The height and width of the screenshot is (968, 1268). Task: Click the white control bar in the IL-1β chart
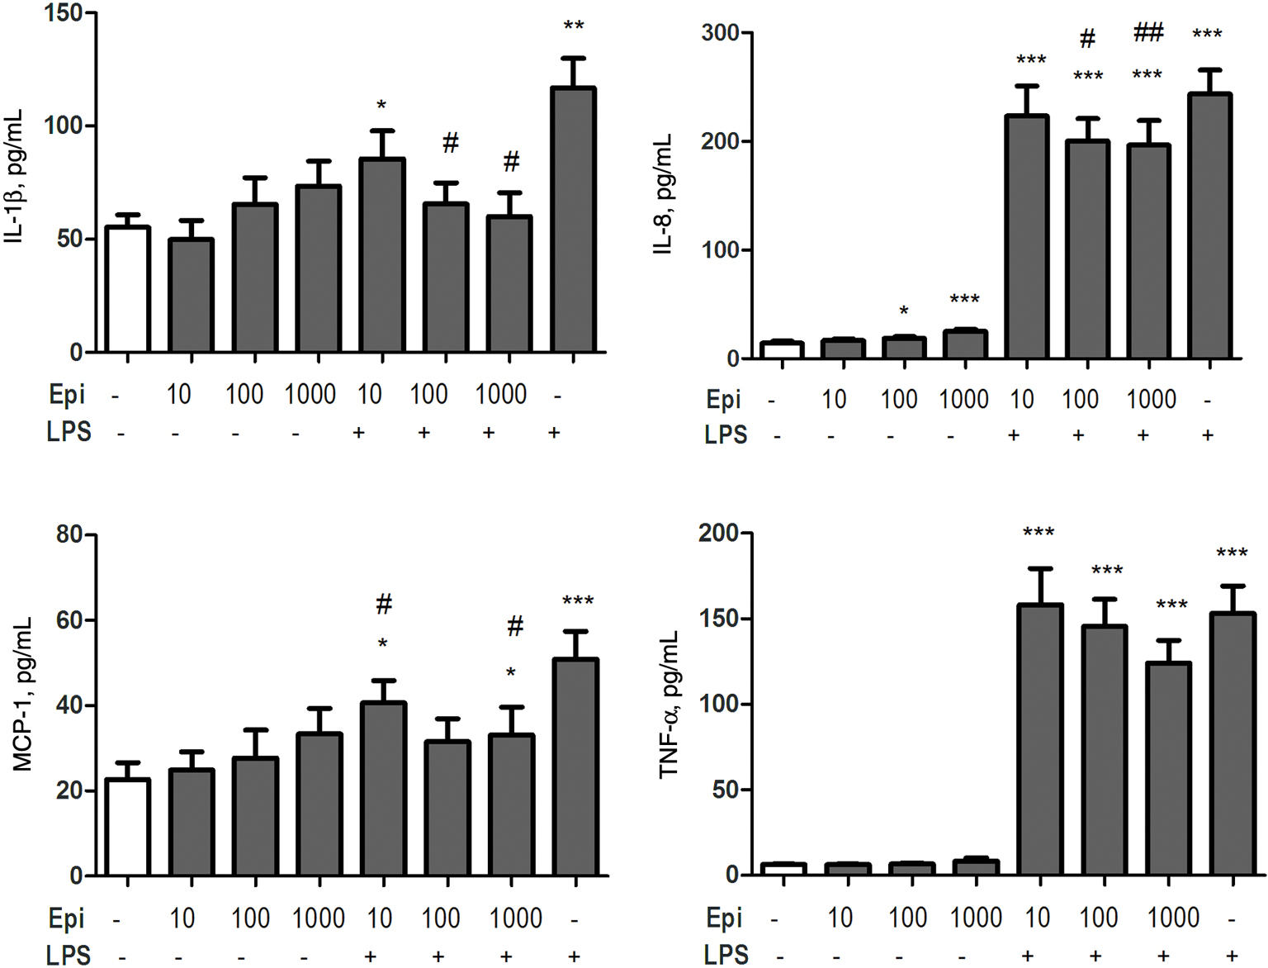(127, 289)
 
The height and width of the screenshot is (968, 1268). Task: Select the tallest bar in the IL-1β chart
(573, 220)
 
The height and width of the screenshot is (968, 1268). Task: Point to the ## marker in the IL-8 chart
(1148, 33)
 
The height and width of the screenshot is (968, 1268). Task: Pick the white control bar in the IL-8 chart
(782, 350)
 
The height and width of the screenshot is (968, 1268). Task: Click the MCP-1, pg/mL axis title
(22, 694)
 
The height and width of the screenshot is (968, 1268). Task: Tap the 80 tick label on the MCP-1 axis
(69, 534)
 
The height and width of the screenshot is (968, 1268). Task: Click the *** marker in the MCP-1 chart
(578, 601)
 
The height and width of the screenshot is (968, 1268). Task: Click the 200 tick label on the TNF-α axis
(718, 534)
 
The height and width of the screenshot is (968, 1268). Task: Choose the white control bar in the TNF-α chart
(783, 869)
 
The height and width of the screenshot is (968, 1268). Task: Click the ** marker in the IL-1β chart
(574, 26)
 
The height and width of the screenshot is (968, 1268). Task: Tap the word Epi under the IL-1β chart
(67, 395)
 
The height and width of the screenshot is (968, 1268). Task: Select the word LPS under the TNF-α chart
(726, 955)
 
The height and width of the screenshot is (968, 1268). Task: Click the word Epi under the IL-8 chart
(724, 400)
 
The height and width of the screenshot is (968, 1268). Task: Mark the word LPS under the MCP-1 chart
(69, 955)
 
